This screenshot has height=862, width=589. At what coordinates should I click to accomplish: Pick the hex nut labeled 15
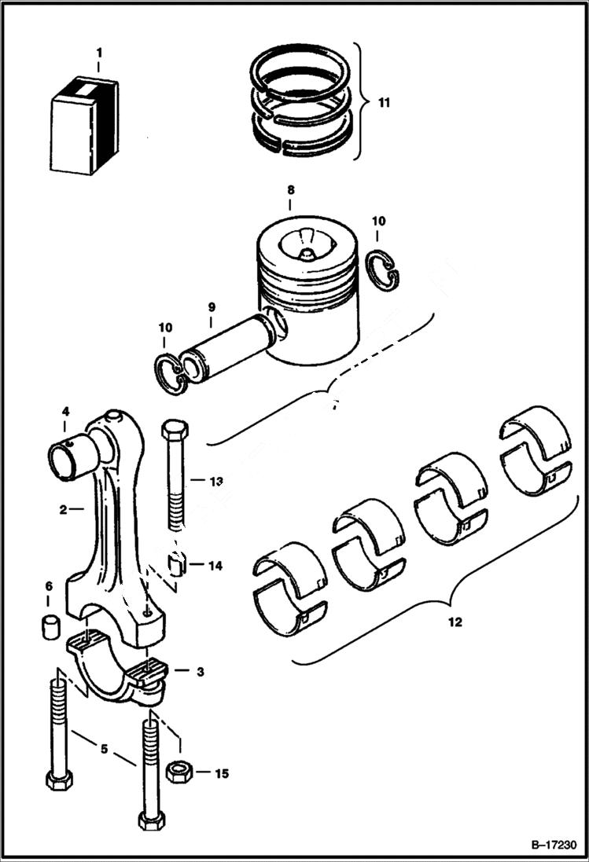[180, 772]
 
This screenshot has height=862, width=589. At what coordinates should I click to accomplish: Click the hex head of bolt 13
[174, 432]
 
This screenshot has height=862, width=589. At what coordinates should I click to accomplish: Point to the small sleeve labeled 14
[177, 565]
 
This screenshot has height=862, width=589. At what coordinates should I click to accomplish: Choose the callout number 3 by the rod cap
[201, 672]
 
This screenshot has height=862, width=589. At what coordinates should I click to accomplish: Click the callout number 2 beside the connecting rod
[62, 509]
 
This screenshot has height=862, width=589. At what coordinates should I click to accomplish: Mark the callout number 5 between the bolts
[103, 750]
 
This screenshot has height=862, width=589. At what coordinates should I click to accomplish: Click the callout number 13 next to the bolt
[216, 480]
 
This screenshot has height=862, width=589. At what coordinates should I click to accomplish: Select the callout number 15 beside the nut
[222, 774]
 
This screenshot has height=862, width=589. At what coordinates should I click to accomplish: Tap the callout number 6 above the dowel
[48, 586]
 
